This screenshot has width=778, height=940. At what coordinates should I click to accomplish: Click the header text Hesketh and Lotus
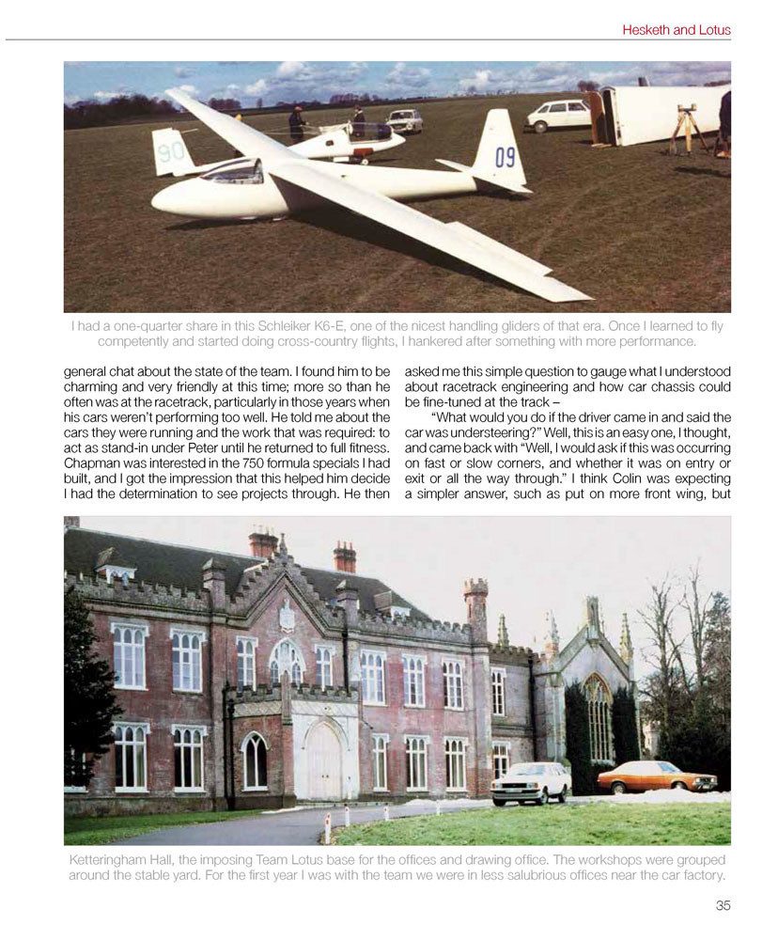tap(676, 30)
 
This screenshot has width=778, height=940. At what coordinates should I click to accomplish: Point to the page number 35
tap(722, 905)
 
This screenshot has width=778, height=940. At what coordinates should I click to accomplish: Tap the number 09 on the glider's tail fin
tap(505, 156)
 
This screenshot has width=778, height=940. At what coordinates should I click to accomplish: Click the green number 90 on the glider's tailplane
tap(170, 152)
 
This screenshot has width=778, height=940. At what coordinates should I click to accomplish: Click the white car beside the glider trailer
tap(557, 116)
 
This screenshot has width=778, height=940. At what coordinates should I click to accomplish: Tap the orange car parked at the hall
tap(656, 777)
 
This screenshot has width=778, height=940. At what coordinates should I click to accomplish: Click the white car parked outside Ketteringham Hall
tap(531, 781)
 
